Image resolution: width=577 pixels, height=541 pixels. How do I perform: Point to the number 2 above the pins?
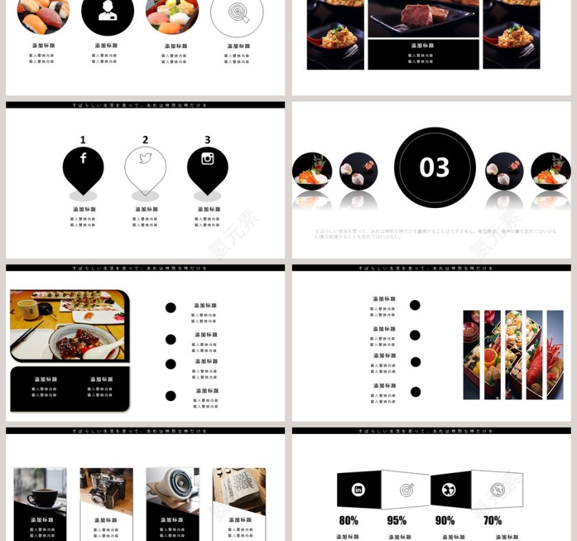(x=145, y=140)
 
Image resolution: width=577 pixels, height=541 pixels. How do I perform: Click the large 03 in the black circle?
(x=434, y=168)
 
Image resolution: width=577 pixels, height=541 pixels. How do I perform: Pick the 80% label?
(x=348, y=520)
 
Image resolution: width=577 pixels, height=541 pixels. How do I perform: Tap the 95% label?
(x=396, y=520)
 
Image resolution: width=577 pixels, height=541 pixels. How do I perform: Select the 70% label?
(x=492, y=520)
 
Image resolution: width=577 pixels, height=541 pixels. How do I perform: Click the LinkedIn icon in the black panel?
(x=358, y=490)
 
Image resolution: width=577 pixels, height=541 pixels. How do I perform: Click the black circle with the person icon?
(x=107, y=12)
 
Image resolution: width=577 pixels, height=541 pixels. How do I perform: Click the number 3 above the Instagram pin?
(x=207, y=140)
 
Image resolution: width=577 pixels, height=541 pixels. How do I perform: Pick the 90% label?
(x=444, y=520)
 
